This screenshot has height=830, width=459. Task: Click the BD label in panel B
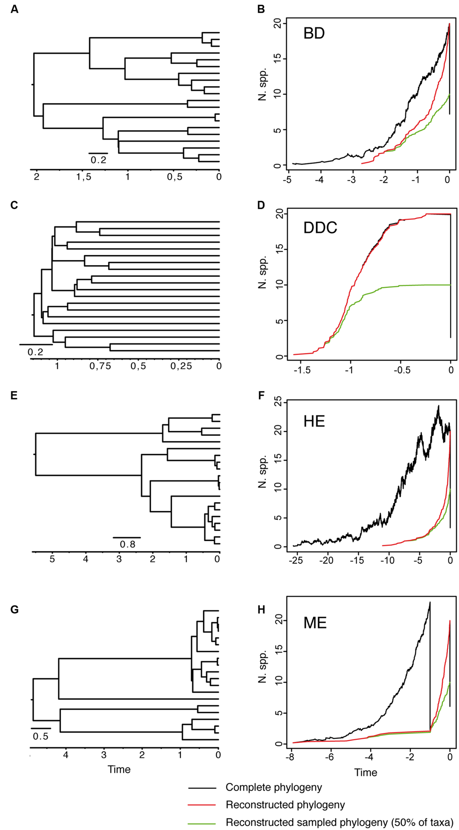[x=313, y=34]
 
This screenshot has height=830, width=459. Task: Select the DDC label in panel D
[x=320, y=228]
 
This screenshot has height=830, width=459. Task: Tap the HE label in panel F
[x=314, y=421]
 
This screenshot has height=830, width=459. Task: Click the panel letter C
[x=14, y=205]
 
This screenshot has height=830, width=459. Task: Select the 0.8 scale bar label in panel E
[x=127, y=544]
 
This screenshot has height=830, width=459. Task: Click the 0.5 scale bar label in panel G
[x=40, y=736]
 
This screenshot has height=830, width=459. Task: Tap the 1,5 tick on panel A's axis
[x=84, y=177]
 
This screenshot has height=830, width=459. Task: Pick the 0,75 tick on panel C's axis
[x=100, y=366]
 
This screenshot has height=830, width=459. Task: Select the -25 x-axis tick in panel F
[x=296, y=560]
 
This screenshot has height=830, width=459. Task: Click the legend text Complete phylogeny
[x=274, y=787]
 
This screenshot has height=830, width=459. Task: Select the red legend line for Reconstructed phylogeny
[x=202, y=805]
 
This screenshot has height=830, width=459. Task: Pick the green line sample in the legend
[x=202, y=822]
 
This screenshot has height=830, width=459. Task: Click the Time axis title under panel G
[x=119, y=769]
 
